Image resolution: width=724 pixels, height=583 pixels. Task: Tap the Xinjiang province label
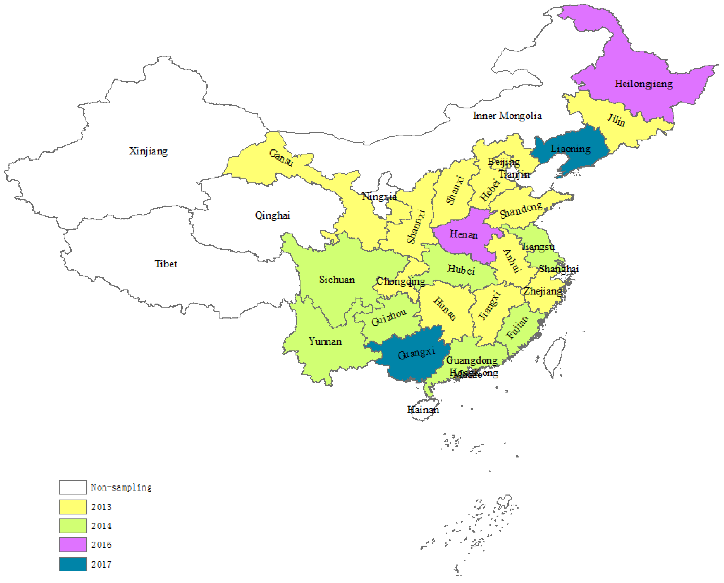(x=148, y=151)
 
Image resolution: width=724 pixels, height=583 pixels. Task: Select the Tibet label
(x=166, y=264)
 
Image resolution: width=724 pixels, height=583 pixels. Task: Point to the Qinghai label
(x=272, y=215)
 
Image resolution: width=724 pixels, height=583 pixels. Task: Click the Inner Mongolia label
(x=507, y=116)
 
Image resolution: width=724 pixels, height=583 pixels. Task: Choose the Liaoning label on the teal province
(x=570, y=148)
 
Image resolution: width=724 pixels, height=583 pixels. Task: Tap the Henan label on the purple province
(x=463, y=234)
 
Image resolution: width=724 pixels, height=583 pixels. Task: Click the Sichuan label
(x=337, y=279)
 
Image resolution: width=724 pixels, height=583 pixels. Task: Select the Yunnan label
(x=325, y=341)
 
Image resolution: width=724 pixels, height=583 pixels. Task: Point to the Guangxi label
(x=416, y=353)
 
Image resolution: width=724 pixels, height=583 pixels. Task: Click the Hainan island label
(x=423, y=410)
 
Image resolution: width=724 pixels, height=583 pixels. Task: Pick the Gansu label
(x=281, y=157)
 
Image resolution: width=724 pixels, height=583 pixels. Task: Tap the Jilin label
(x=616, y=120)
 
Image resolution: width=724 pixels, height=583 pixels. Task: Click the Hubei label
(x=461, y=269)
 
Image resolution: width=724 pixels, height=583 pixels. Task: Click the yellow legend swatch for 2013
(x=73, y=507)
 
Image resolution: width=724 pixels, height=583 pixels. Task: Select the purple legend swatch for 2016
(x=73, y=545)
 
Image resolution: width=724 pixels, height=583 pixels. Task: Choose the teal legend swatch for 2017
(x=73, y=564)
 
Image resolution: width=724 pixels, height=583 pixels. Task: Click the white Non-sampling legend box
(x=73, y=487)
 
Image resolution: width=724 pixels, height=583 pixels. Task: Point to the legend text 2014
(x=101, y=526)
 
